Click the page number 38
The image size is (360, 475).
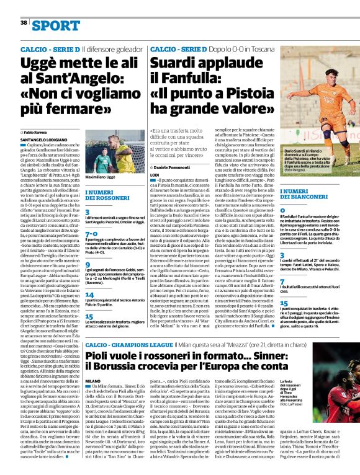click(x=24, y=22)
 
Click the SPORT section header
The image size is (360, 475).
click(x=56, y=25)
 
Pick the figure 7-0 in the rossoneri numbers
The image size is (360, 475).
click(x=91, y=234)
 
